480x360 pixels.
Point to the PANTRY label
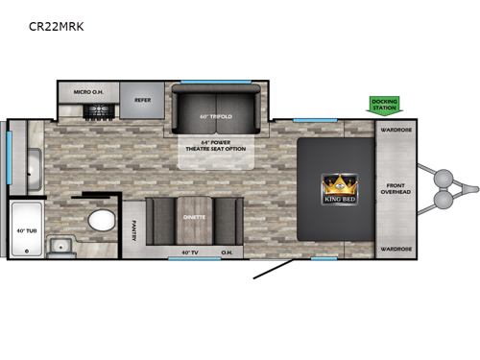click(x=132, y=228)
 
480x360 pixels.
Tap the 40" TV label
click(x=191, y=252)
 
